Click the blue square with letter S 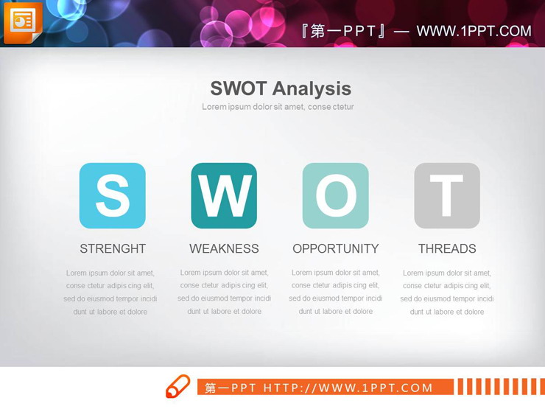click(x=113, y=195)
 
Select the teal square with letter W click(x=224, y=195)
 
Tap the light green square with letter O click(x=336, y=195)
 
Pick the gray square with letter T click(x=447, y=195)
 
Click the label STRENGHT click(x=113, y=248)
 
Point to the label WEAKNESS click(x=224, y=248)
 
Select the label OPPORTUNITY click(x=336, y=248)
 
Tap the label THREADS click(x=447, y=248)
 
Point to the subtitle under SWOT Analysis click(x=278, y=107)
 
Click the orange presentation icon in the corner click(x=23, y=22)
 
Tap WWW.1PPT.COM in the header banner click(x=474, y=31)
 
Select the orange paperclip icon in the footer click(x=177, y=387)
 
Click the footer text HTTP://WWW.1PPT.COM click(x=348, y=388)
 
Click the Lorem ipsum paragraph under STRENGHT click(x=110, y=293)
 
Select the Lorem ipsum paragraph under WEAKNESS click(x=224, y=292)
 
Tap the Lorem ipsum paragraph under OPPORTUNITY click(x=336, y=292)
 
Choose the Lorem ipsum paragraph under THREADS click(x=447, y=293)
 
